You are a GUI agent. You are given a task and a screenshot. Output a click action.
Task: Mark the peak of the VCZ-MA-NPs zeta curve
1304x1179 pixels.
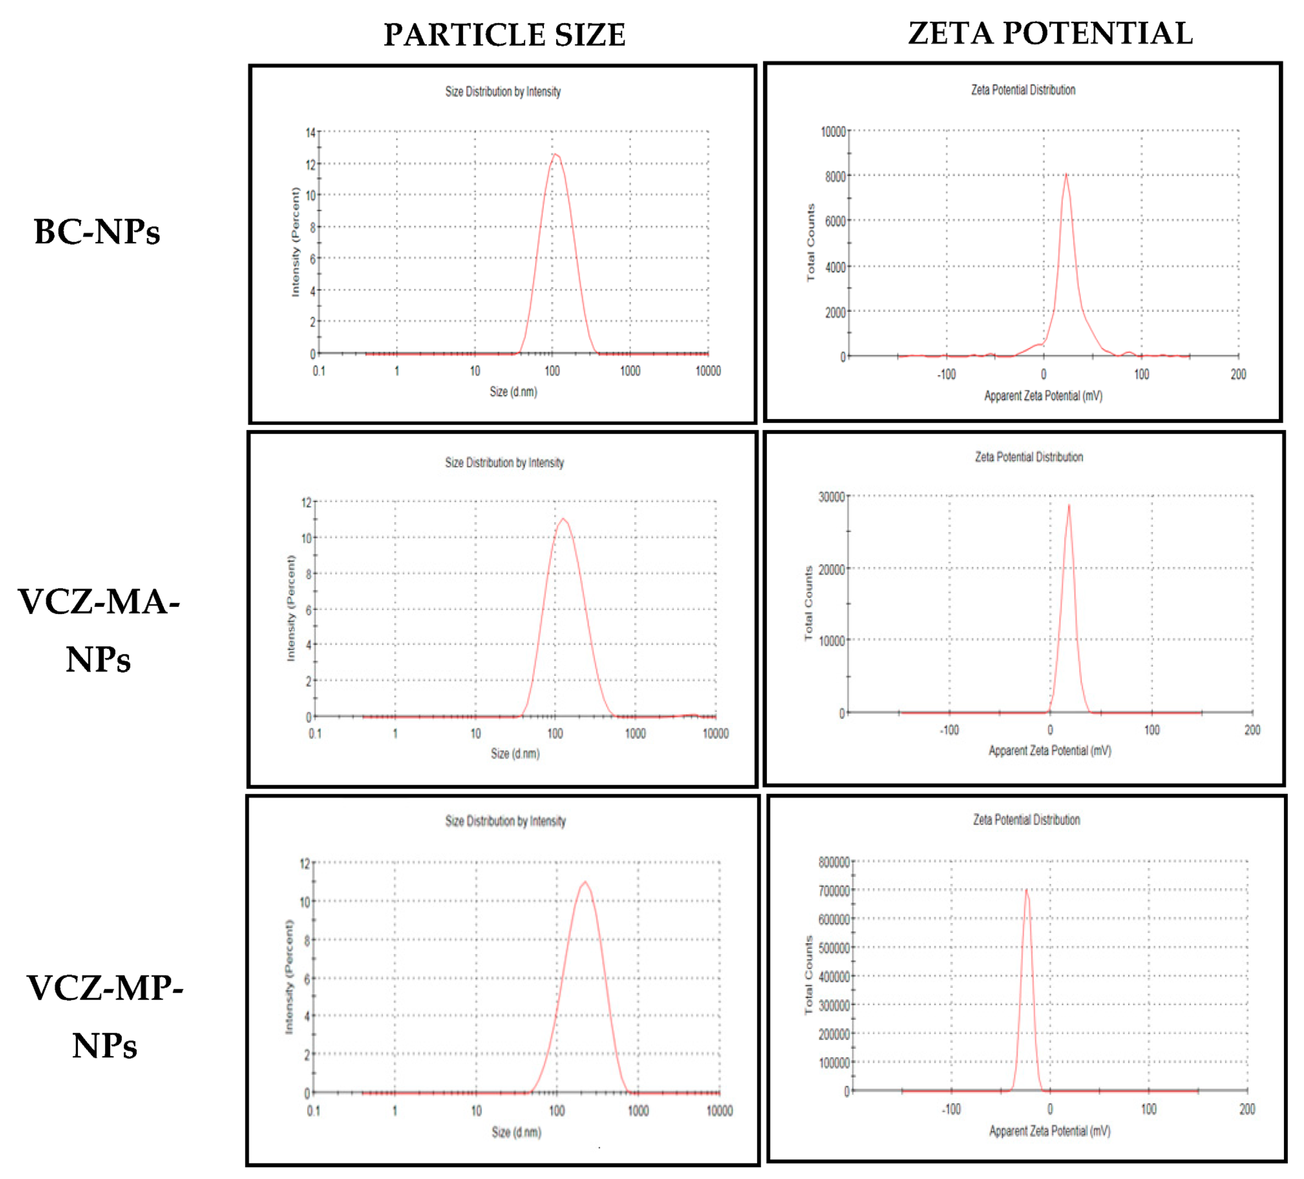point(1068,506)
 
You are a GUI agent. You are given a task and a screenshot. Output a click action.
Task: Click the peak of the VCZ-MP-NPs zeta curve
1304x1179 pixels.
point(1026,891)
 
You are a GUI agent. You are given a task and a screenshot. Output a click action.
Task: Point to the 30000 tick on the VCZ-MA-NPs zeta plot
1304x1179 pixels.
point(831,497)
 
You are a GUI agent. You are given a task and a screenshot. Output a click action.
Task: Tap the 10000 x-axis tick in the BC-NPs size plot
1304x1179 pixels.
point(708,370)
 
